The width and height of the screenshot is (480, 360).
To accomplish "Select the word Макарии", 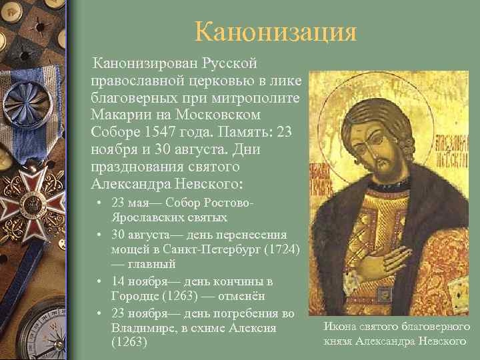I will click(117, 115).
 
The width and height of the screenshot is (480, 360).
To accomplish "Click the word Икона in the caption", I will click(338, 327).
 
